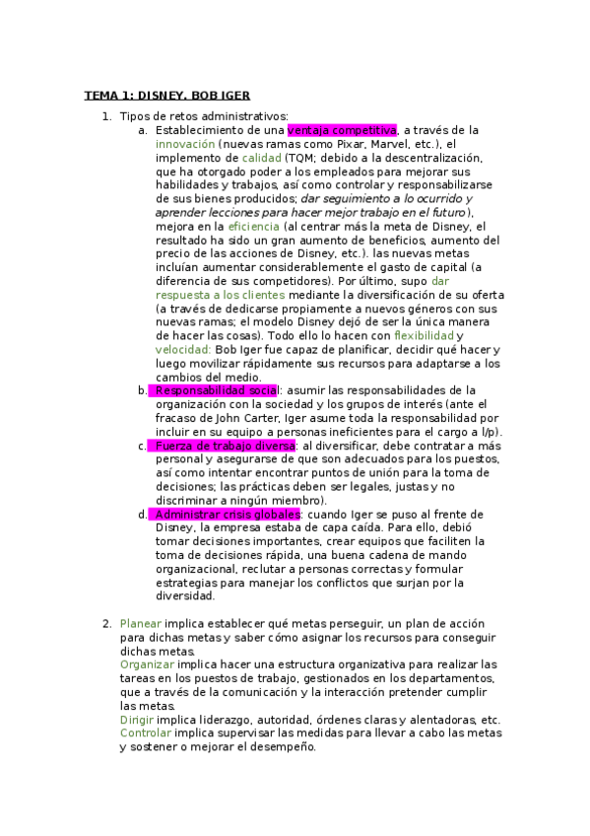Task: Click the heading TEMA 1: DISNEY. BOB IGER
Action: coord(166,96)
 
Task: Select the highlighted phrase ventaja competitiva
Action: coord(342,130)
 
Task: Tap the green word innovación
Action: coord(185,144)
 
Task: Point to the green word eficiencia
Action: coord(253,226)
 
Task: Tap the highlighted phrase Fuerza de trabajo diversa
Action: coord(225,446)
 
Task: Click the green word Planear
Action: coord(141,623)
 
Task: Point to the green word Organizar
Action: coord(147,664)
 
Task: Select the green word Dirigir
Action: coord(136,720)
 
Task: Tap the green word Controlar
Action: coord(144,733)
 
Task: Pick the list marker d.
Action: coord(143,514)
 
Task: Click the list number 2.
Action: coord(106,623)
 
